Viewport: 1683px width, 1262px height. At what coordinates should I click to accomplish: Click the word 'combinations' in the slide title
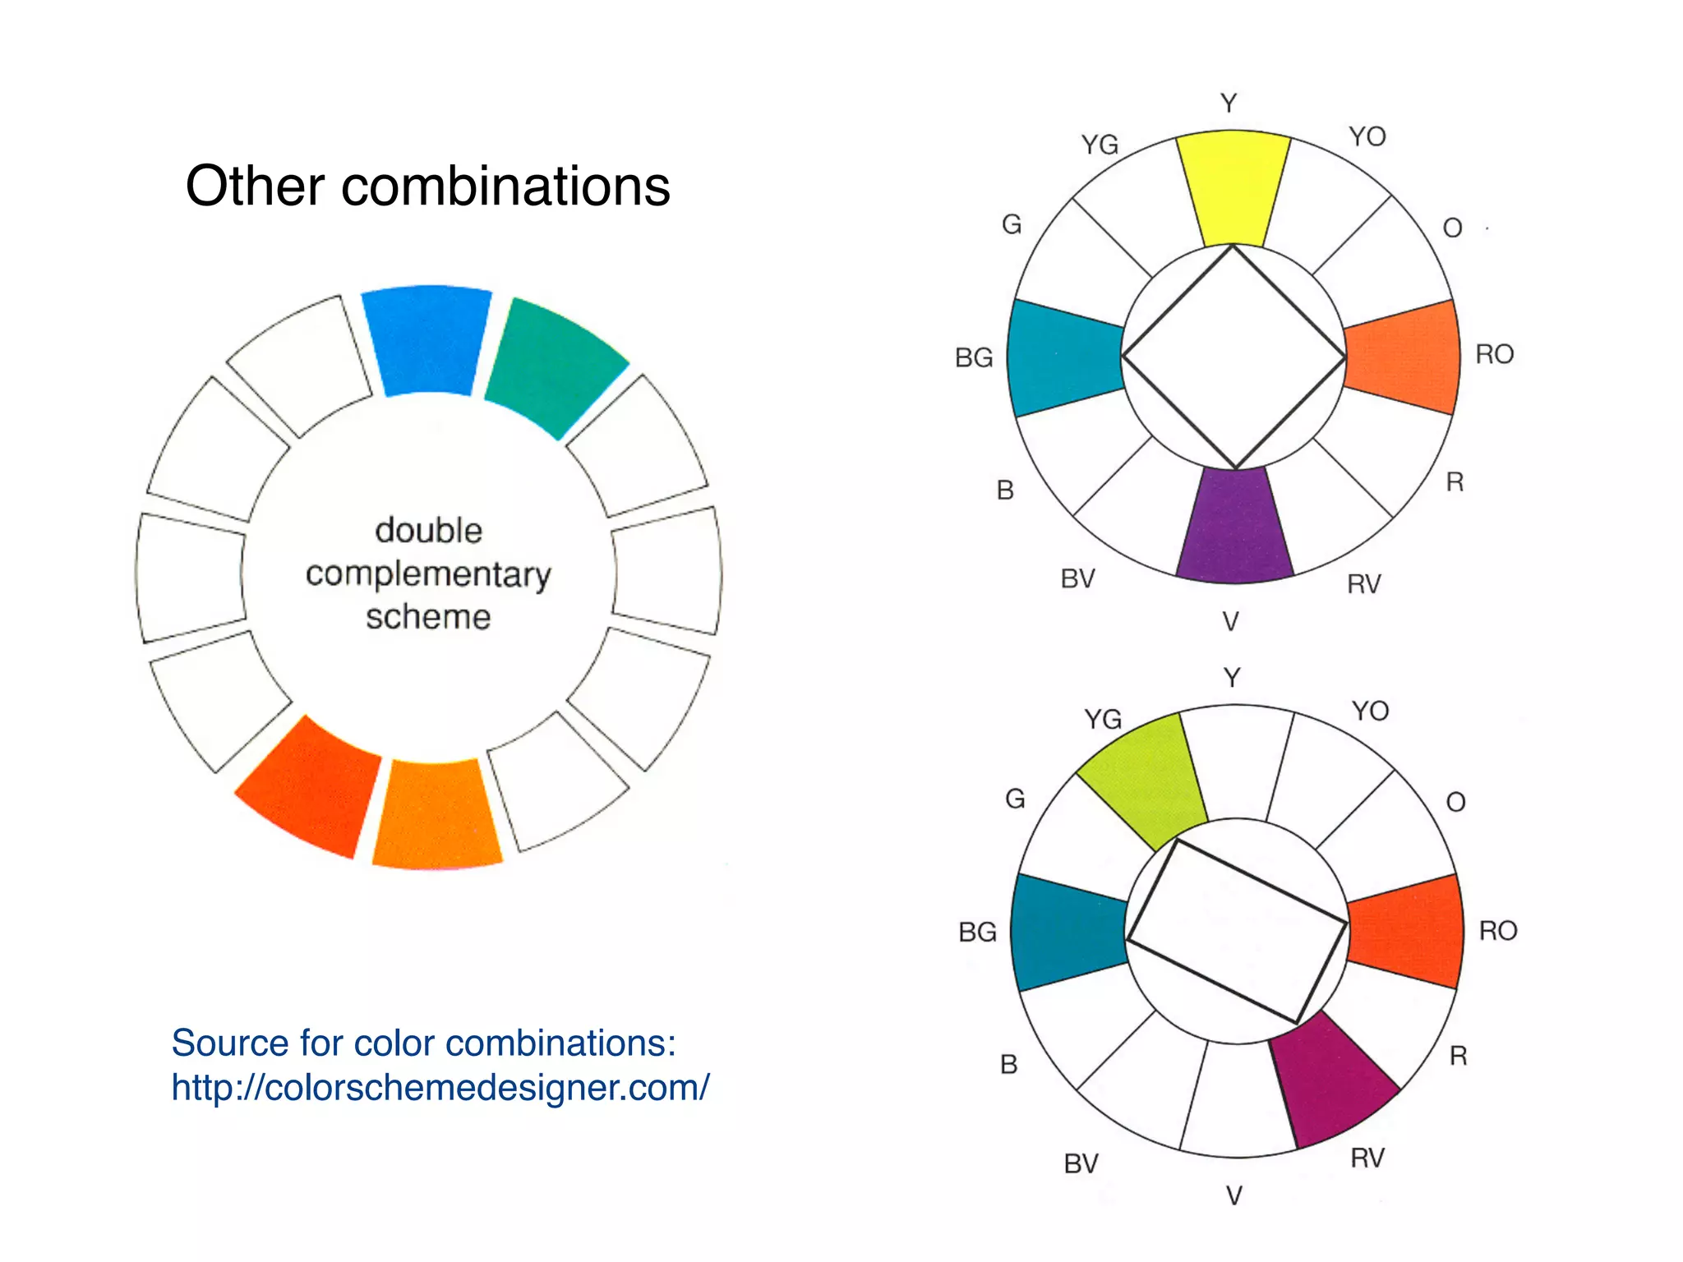pos(505,187)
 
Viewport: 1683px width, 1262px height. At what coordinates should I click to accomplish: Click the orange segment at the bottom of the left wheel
pos(436,815)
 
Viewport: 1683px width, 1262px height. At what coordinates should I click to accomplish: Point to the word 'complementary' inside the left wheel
pos(428,574)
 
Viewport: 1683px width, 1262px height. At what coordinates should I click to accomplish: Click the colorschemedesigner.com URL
pos(440,1087)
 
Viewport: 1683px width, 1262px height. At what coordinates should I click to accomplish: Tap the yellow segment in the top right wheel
pos(1232,187)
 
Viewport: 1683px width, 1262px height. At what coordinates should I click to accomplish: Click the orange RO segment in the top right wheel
pos(1404,357)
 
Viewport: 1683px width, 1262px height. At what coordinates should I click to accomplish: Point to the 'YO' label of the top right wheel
pos(1367,136)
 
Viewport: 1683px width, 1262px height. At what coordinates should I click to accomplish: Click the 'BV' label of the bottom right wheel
pos(1081,1163)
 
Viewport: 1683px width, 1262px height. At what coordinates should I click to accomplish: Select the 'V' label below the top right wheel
pos(1230,622)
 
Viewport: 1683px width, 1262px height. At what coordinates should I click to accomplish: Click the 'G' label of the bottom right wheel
pos(1015,799)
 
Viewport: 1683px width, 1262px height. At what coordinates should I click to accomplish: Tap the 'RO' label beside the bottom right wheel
pos(1497,931)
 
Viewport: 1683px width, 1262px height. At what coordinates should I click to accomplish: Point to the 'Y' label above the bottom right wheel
pos(1231,678)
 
